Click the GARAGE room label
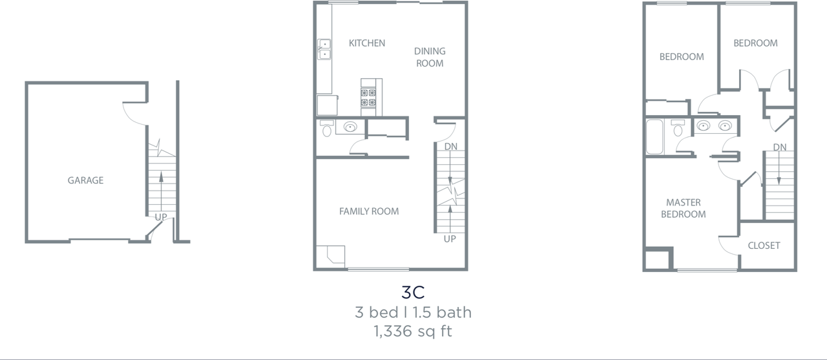[85, 180]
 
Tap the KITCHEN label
[367, 43]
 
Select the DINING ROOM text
[430, 57]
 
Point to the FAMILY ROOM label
[369, 211]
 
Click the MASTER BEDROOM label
[683, 208]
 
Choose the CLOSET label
[764, 246]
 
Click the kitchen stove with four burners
[368, 97]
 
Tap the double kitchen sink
[324, 49]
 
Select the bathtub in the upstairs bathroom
[654, 136]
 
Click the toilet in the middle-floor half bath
[327, 129]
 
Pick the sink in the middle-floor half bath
[351, 127]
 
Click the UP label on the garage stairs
[161, 217]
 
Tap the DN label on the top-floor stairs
[780, 147]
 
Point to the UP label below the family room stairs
[450, 239]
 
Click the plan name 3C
[413, 291]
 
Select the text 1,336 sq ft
[413, 332]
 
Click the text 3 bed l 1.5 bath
[413, 313]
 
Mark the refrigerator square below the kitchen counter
[327, 105]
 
